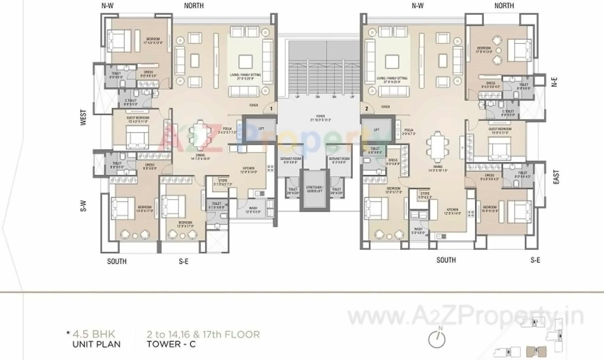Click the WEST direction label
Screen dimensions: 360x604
[83, 118]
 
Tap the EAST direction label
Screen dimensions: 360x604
[555, 177]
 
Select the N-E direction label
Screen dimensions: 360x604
[554, 82]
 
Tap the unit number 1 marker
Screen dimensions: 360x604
[271, 109]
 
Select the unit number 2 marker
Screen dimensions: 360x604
[366, 109]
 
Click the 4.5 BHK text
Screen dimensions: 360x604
[93, 335]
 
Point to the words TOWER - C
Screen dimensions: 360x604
[171, 344]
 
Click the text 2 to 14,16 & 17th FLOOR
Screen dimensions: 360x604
[203, 335]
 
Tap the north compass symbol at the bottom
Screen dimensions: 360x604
[437, 339]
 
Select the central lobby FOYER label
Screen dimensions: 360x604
[321, 117]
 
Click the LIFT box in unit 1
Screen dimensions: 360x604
[259, 129]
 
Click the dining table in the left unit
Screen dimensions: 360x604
[201, 135]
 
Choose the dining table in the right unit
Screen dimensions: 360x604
[438, 147]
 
